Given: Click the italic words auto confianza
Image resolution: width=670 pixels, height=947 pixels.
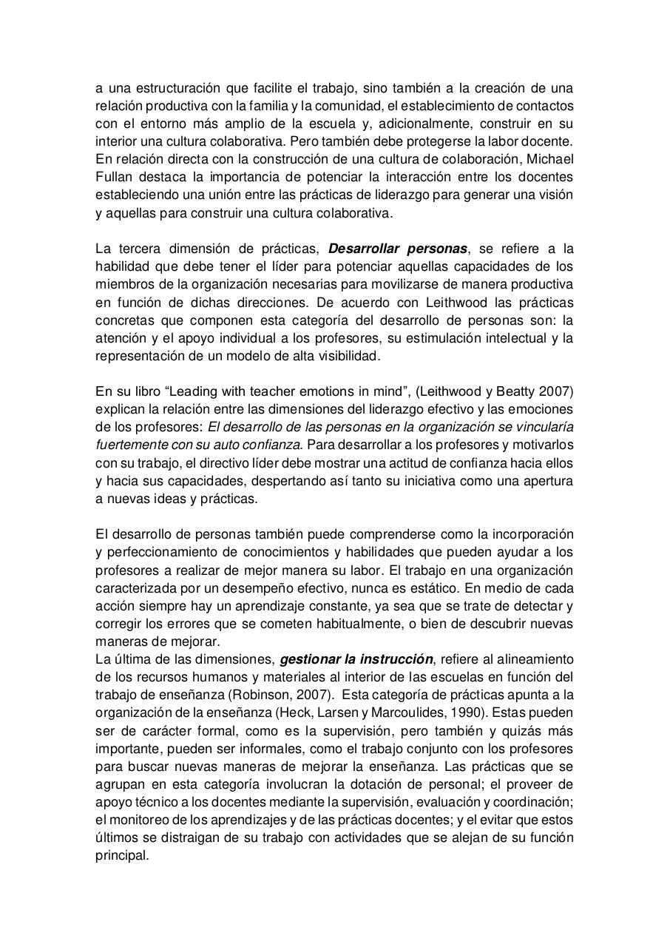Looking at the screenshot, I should tap(259, 445).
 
